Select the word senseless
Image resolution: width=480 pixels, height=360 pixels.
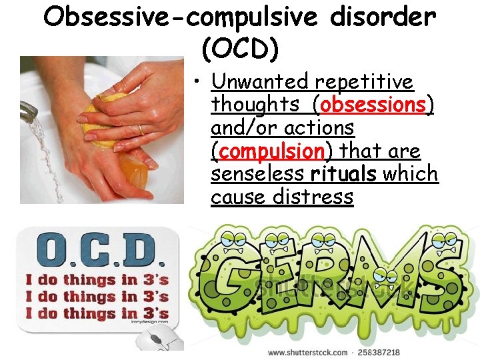click(x=259, y=174)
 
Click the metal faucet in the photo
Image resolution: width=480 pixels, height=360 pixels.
click(x=29, y=110)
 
